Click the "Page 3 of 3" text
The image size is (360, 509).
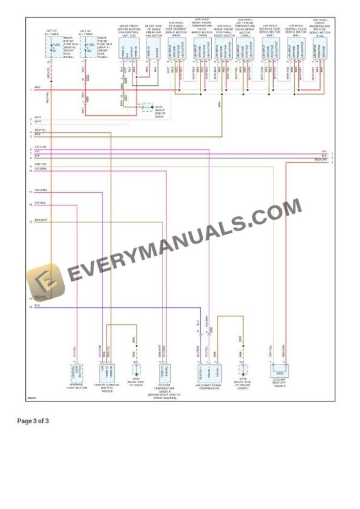pos(34,421)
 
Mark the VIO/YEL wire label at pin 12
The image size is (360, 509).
pos(40,203)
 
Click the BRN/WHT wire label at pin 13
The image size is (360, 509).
pos(41,220)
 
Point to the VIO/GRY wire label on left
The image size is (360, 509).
pos(40,146)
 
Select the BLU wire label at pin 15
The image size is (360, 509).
pos(37,305)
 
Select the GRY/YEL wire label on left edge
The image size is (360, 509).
pos(40,164)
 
